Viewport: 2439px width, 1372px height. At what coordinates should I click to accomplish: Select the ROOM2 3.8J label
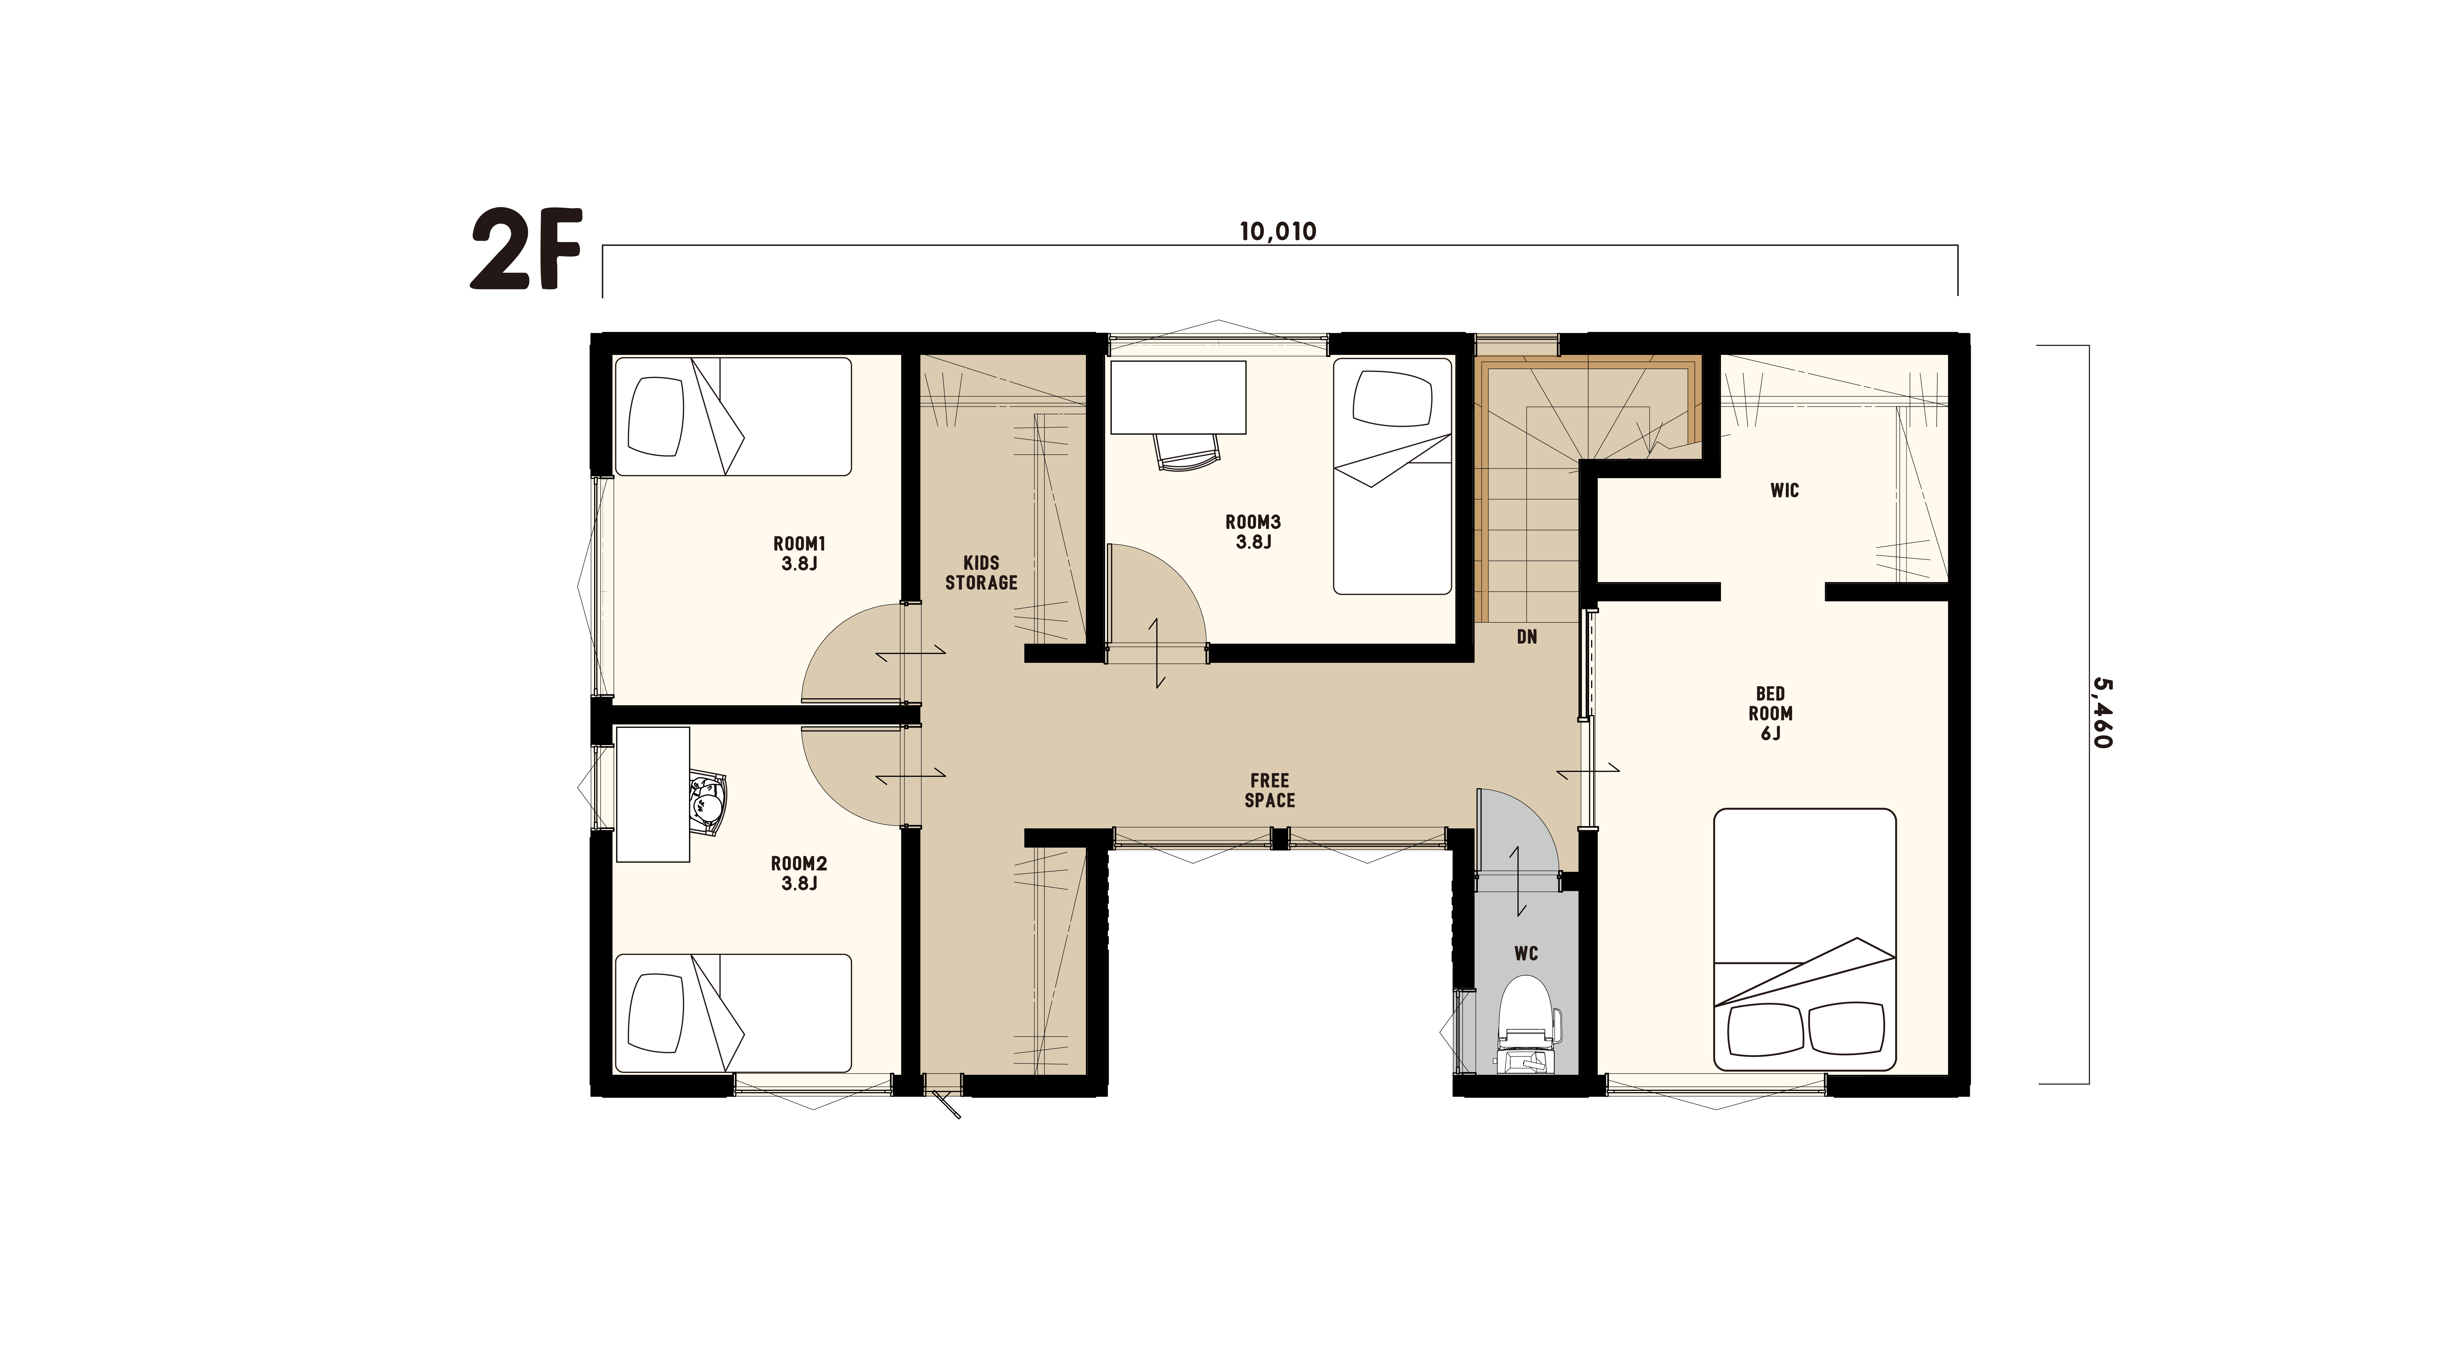(x=799, y=873)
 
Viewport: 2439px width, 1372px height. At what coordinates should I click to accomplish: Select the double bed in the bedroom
(x=1805, y=939)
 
